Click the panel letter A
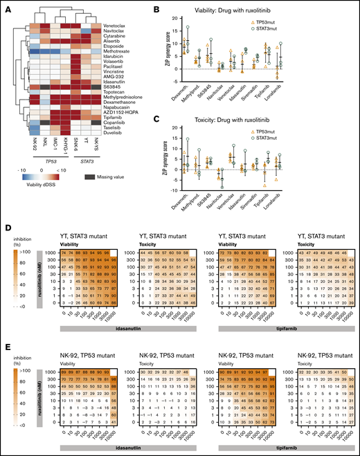[x=6, y=6]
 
